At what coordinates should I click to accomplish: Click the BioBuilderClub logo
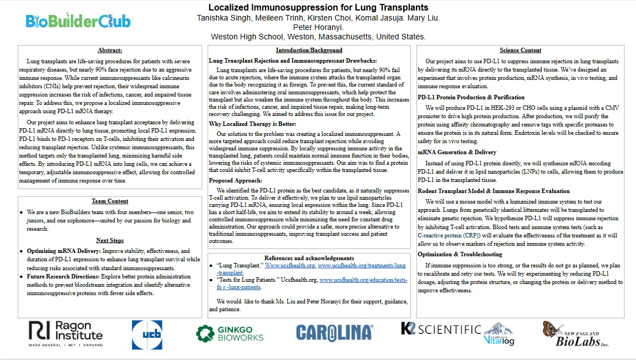click(x=78, y=21)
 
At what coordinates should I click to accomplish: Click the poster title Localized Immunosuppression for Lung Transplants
click(x=318, y=8)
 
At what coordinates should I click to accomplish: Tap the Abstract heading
click(x=110, y=50)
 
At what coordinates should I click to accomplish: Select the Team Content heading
click(x=110, y=201)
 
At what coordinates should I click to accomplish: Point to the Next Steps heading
click(x=110, y=240)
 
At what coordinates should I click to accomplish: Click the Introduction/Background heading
click(x=309, y=50)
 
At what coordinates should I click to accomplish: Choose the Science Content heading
click(x=520, y=50)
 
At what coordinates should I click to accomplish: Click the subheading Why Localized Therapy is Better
click(x=252, y=124)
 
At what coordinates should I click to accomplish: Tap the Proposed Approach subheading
click(x=235, y=181)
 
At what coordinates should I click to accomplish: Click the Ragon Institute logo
click(x=66, y=333)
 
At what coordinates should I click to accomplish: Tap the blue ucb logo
click(x=147, y=334)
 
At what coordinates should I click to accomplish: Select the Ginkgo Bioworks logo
click(x=230, y=333)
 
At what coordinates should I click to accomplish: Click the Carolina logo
click(x=334, y=332)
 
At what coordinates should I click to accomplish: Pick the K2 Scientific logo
click(x=441, y=329)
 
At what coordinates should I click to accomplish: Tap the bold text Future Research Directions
click(x=63, y=276)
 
